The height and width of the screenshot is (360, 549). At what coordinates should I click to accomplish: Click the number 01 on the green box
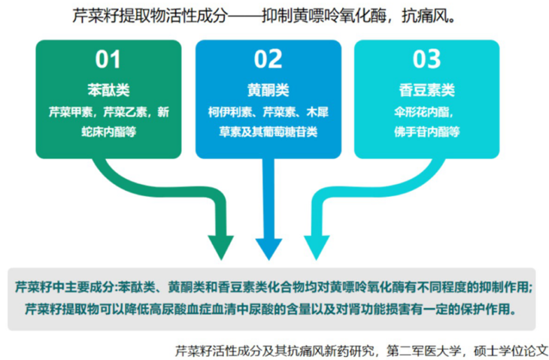point(108,59)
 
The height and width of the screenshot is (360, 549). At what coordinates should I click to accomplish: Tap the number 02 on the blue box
point(268,59)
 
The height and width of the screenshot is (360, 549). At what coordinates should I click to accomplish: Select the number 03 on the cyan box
point(426,59)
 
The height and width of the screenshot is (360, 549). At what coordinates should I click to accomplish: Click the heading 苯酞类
point(108,90)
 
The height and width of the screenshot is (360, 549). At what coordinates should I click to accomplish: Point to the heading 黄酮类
point(268,90)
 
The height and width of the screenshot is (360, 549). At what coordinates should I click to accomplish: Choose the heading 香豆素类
point(426,90)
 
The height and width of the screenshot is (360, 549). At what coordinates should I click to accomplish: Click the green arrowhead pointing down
point(220,245)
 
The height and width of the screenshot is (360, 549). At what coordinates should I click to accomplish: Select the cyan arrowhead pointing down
point(316,245)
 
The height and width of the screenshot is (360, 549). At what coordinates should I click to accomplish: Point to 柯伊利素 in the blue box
point(227,113)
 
